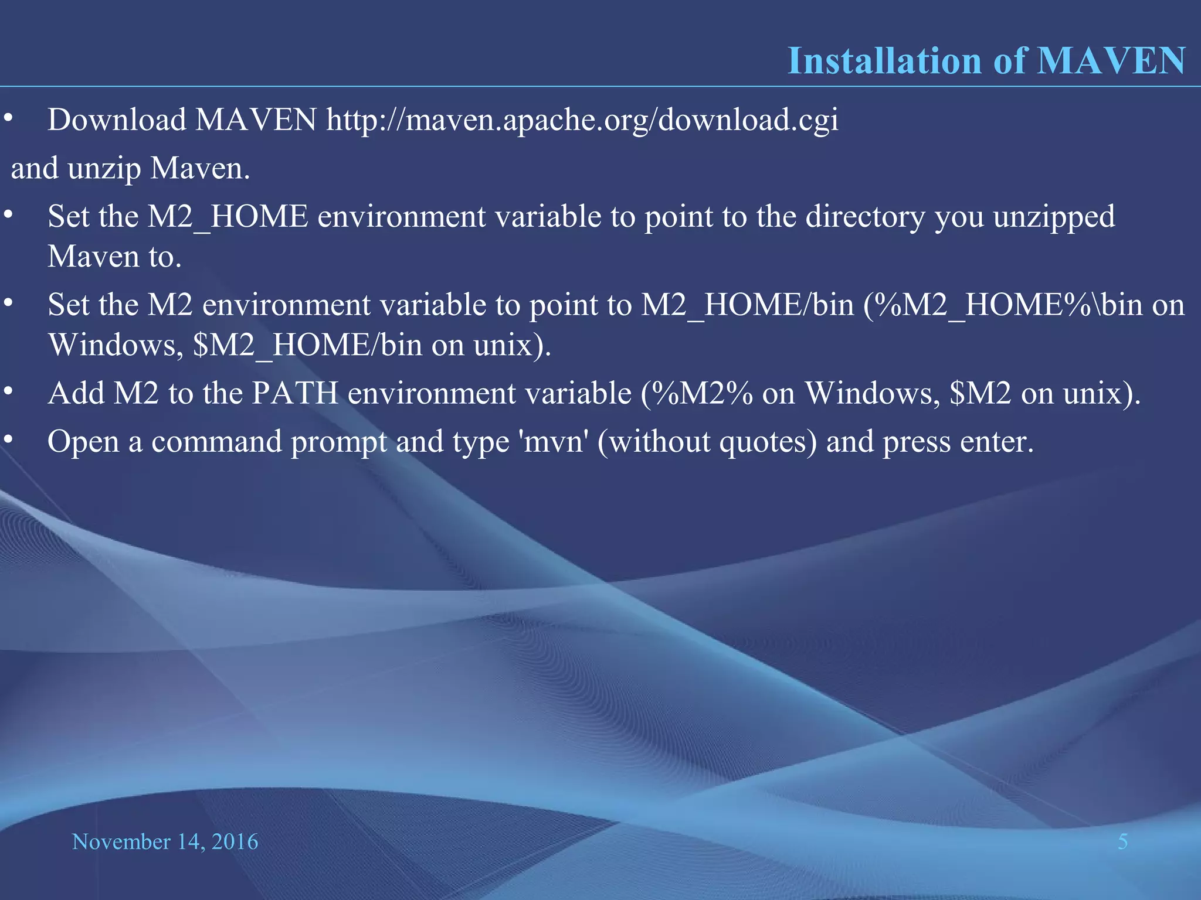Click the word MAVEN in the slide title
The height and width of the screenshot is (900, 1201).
tap(1111, 61)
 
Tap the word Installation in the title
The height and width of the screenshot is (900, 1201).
tap(884, 61)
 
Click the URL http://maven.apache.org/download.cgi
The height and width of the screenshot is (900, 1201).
tap(582, 121)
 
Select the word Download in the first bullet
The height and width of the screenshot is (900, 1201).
tap(117, 120)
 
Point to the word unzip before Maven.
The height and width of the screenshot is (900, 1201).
tap(104, 169)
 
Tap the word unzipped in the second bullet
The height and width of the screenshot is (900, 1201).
tap(1053, 217)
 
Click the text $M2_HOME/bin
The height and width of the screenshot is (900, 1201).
tap(307, 345)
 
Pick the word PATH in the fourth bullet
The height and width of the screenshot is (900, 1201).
tap(295, 393)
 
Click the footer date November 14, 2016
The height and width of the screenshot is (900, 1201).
tap(165, 842)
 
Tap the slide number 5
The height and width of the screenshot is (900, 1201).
tap(1122, 842)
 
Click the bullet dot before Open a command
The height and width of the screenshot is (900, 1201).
tap(8, 439)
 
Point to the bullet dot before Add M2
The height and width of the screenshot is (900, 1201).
tap(8, 391)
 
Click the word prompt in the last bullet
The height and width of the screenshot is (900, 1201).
tap(338, 442)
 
